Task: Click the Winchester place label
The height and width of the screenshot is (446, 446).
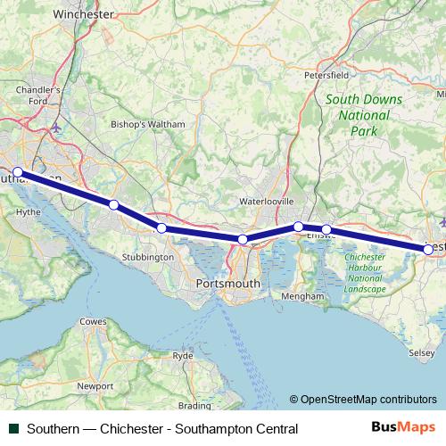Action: [x=84, y=15]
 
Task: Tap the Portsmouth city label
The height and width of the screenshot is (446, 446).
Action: [x=227, y=283]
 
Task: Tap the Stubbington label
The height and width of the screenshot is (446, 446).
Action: [x=147, y=257]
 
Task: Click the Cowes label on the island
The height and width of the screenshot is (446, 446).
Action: [x=93, y=321]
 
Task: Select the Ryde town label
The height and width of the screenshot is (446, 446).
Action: [x=182, y=355]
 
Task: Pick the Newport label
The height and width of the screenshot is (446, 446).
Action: [x=95, y=386]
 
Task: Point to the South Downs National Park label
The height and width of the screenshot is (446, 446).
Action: [x=363, y=115]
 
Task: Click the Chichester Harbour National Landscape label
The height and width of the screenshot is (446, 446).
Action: [x=364, y=273]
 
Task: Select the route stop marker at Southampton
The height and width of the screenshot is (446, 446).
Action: [x=18, y=171]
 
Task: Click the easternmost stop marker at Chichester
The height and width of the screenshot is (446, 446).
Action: [x=429, y=249]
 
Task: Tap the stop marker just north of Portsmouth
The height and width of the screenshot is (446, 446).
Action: [x=243, y=239]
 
